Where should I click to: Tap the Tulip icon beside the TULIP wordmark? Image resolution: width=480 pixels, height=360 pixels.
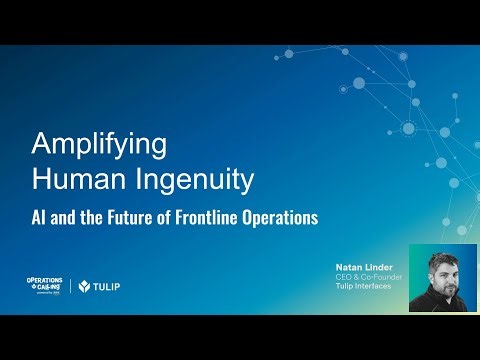(x=85, y=286)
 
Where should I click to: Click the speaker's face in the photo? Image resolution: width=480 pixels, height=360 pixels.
(x=443, y=275)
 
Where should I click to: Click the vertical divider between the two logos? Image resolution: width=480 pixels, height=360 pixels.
(x=71, y=286)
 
